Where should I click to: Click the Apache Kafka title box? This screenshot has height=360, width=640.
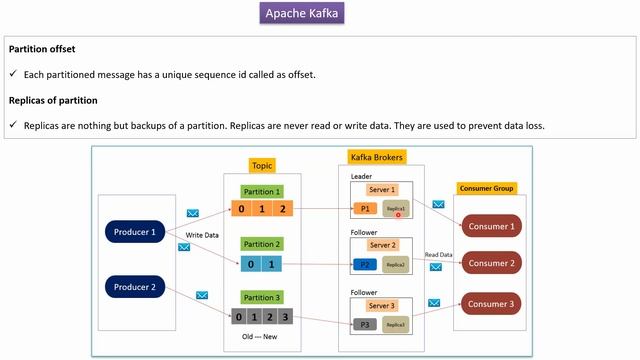[x=303, y=14]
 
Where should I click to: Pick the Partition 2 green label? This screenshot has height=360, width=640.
[x=263, y=244]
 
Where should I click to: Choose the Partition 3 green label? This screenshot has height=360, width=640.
[x=263, y=297]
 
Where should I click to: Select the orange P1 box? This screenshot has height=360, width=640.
[x=364, y=210]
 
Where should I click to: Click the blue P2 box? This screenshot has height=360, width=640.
[x=364, y=264]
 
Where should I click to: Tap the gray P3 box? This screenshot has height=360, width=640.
[x=364, y=324]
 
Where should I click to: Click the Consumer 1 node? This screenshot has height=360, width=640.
[x=490, y=226]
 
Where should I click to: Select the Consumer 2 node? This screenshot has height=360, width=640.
[x=490, y=264]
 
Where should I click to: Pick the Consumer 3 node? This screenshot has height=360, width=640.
[x=490, y=303]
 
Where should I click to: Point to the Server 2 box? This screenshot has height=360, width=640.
[x=382, y=245]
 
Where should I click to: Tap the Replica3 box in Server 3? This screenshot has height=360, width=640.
[x=396, y=324]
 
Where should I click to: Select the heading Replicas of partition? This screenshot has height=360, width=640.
[x=52, y=100]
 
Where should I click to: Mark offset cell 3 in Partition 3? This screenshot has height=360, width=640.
[x=285, y=317]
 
